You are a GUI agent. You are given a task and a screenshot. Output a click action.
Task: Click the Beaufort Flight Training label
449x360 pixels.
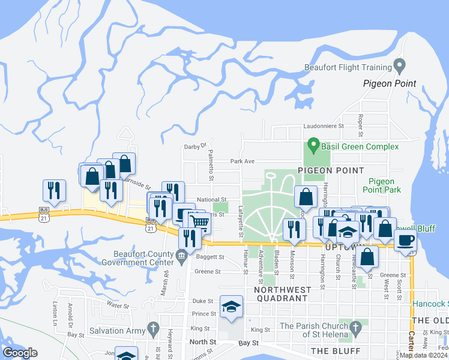click(347, 67)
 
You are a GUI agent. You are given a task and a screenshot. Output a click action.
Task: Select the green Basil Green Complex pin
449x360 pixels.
click(313, 145)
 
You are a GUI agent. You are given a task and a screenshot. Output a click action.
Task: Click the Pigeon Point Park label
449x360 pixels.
click(384, 185)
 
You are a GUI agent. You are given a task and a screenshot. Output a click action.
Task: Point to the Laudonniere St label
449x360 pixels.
click(322, 127)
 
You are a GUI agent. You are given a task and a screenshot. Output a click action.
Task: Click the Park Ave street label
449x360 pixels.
click(243, 161)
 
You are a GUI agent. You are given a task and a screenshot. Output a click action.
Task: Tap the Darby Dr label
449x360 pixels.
click(195, 145)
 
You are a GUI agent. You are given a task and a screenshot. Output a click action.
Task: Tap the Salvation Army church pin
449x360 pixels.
click(153, 329)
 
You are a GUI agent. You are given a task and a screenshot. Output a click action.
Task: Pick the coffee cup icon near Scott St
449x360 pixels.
click(406, 241)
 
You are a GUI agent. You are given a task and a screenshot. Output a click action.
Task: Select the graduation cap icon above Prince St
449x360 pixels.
click(231, 307)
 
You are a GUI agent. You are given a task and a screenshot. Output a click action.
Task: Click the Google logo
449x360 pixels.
click(20, 353)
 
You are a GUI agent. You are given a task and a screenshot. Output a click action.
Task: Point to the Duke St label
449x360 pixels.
click(203, 301)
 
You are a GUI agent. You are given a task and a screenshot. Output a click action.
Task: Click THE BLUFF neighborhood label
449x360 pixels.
click(335, 350)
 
